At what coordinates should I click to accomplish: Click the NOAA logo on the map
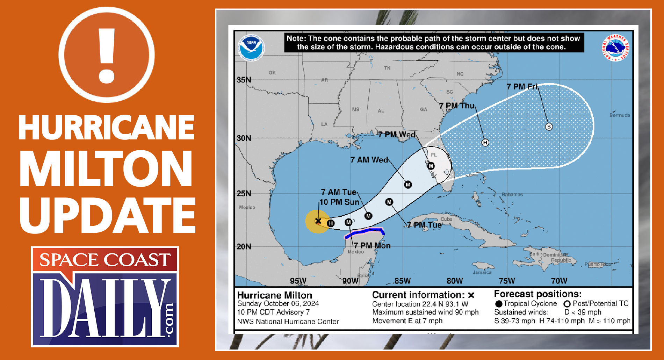[251, 47]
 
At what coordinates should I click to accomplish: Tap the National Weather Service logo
[615, 48]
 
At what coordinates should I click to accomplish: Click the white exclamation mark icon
[107, 55]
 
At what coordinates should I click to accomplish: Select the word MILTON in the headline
[106, 169]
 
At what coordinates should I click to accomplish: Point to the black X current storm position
[318, 221]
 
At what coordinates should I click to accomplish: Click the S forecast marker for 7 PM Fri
[549, 127]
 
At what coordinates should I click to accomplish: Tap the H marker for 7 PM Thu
[485, 142]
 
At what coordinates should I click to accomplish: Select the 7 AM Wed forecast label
[369, 160]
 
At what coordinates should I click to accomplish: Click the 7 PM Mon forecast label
[372, 245]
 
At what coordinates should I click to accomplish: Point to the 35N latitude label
[244, 80]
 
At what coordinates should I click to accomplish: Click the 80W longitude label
[455, 281]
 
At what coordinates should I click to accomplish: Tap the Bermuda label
[620, 115]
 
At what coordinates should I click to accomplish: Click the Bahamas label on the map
[512, 194]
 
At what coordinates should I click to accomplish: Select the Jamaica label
[482, 272]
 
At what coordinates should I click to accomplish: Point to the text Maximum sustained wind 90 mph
[425, 312]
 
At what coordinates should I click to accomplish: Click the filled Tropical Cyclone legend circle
[499, 304]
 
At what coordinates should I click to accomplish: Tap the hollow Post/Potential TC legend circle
[567, 304]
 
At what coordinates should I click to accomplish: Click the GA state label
[424, 109]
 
